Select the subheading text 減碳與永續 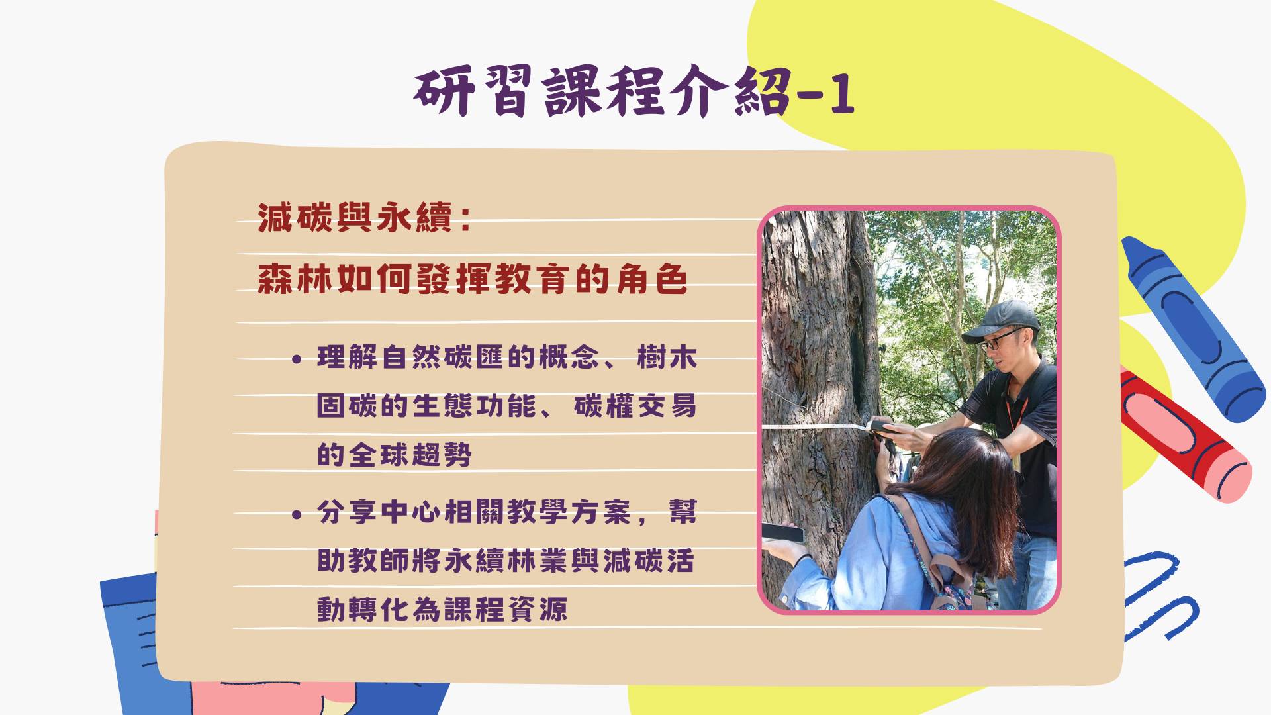pos(355,218)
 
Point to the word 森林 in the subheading pos(296,279)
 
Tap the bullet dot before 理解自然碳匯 pos(297,359)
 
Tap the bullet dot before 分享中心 pos(297,514)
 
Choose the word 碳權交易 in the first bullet pos(635,406)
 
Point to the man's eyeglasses pos(1000,340)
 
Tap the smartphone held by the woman pos(783,532)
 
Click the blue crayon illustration pos(1192,327)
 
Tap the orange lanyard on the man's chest pos(1016,411)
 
